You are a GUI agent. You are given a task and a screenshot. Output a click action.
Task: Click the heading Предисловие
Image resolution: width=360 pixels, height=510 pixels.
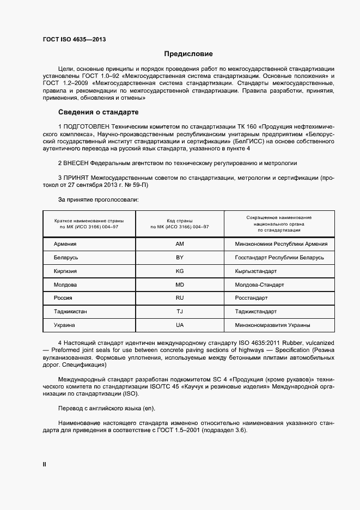[188, 54]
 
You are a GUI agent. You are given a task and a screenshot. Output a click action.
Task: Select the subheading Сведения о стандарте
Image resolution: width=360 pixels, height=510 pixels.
[98, 113]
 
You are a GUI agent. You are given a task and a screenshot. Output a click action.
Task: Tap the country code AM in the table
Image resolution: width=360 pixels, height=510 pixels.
[180, 244]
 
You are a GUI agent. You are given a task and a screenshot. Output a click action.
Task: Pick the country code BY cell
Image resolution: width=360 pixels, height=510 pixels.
[180, 257]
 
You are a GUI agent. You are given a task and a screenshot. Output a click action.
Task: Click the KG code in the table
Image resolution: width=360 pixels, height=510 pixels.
[180, 271]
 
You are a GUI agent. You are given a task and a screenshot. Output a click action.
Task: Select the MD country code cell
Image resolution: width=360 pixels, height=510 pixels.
[180, 284]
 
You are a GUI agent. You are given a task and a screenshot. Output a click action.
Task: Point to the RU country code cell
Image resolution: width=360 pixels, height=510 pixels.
[180, 298]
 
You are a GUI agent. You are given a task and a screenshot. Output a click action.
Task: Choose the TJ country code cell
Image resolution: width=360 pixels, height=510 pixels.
[180, 312]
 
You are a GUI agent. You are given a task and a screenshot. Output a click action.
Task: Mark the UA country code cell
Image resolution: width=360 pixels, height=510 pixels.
[180, 325]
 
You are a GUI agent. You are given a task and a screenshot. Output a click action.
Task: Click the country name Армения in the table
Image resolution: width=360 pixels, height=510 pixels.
[65, 244]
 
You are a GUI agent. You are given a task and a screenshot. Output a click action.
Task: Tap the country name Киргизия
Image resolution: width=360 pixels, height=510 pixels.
[65, 271]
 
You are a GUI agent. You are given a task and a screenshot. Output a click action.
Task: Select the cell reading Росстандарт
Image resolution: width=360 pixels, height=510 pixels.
[251, 298]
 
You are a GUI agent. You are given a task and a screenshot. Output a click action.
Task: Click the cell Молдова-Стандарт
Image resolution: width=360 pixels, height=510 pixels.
[256, 284]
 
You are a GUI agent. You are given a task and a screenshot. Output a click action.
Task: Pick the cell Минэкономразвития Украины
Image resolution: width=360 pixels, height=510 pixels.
[272, 325]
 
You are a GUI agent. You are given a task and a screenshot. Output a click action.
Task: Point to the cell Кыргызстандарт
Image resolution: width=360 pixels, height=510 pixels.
[255, 271]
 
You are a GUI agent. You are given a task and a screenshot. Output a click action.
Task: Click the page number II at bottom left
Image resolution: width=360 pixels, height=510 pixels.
[45, 464]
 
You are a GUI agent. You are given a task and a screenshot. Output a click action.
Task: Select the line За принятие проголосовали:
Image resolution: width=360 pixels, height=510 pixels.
[98, 200]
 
